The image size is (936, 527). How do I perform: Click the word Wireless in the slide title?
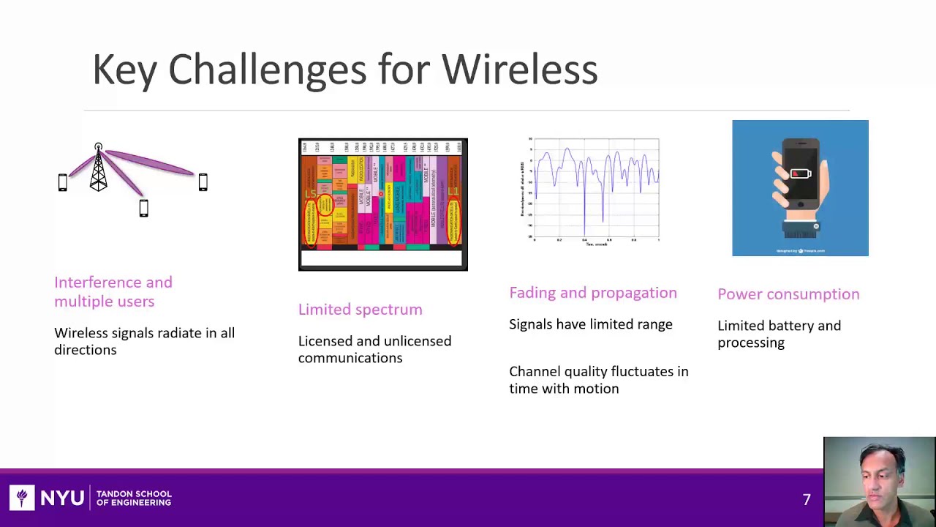pyautogui.click(x=519, y=70)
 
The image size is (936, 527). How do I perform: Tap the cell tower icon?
pyautogui.click(x=99, y=168)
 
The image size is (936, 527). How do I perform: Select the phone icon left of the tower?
pyautogui.click(x=63, y=182)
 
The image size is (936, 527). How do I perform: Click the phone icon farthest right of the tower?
pyautogui.click(x=203, y=182)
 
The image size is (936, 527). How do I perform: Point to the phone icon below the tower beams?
pyautogui.click(x=144, y=209)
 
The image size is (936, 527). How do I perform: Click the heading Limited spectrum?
pyautogui.click(x=360, y=310)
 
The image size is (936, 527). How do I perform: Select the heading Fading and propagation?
pyautogui.click(x=592, y=293)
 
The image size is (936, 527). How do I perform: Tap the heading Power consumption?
pyautogui.click(x=788, y=294)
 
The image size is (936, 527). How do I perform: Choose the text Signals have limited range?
pyautogui.click(x=590, y=324)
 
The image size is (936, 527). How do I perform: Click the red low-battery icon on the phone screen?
pyautogui.click(x=800, y=174)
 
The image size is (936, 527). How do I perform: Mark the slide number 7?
pyautogui.click(x=807, y=499)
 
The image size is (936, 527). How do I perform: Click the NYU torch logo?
pyautogui.click(x=22, y=498)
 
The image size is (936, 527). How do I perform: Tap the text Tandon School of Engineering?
pyautogui.click(x=134, y=498)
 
